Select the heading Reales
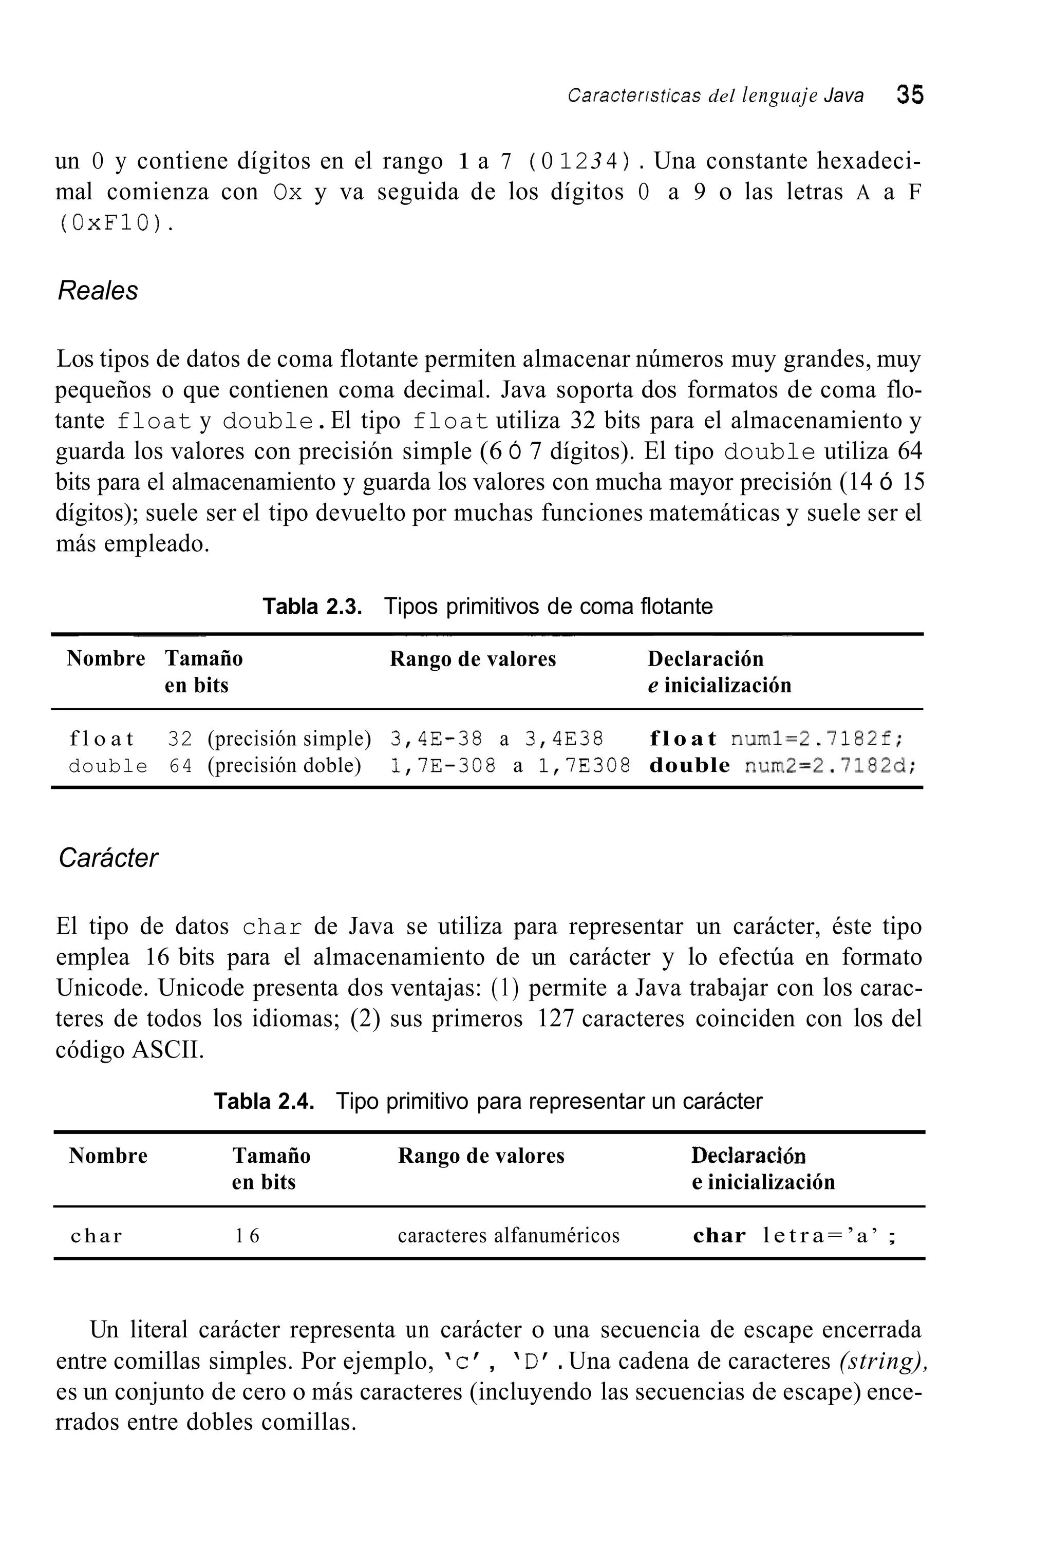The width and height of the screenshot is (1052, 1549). tap(98, 291)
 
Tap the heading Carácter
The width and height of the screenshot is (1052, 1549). tap(108, 858)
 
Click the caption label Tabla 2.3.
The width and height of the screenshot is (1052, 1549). tap(312, 607)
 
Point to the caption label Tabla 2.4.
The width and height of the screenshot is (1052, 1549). tap(264, 1101)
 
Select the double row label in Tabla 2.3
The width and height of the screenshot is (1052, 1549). tap(108, 766)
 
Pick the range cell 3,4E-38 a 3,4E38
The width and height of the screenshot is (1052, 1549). tap(497, 739)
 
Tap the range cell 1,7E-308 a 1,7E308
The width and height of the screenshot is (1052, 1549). tap(510, 766)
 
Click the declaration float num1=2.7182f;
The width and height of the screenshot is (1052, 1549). tap(777, 739)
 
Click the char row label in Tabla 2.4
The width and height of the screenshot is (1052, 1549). tap(97, 1236)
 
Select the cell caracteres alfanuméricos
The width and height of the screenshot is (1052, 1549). tap(509, 1236)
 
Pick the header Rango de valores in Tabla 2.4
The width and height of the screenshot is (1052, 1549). tap(481, 1155)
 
